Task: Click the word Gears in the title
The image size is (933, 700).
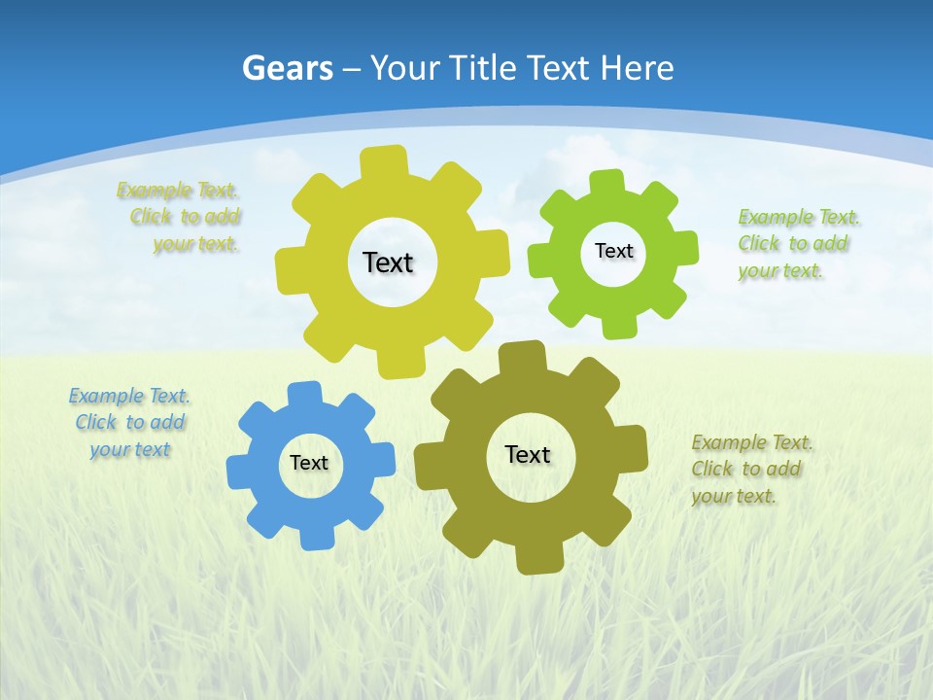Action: click(288, 68)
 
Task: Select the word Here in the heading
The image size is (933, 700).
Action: click(637, 68)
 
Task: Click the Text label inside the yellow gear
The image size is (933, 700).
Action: click(388, 262)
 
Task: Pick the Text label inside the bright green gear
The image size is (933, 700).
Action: click(613, 251)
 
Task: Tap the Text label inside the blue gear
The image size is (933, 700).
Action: click(309, 463)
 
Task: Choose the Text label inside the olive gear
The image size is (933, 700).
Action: click(528, 454)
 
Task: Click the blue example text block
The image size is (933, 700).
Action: click(129, 423)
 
